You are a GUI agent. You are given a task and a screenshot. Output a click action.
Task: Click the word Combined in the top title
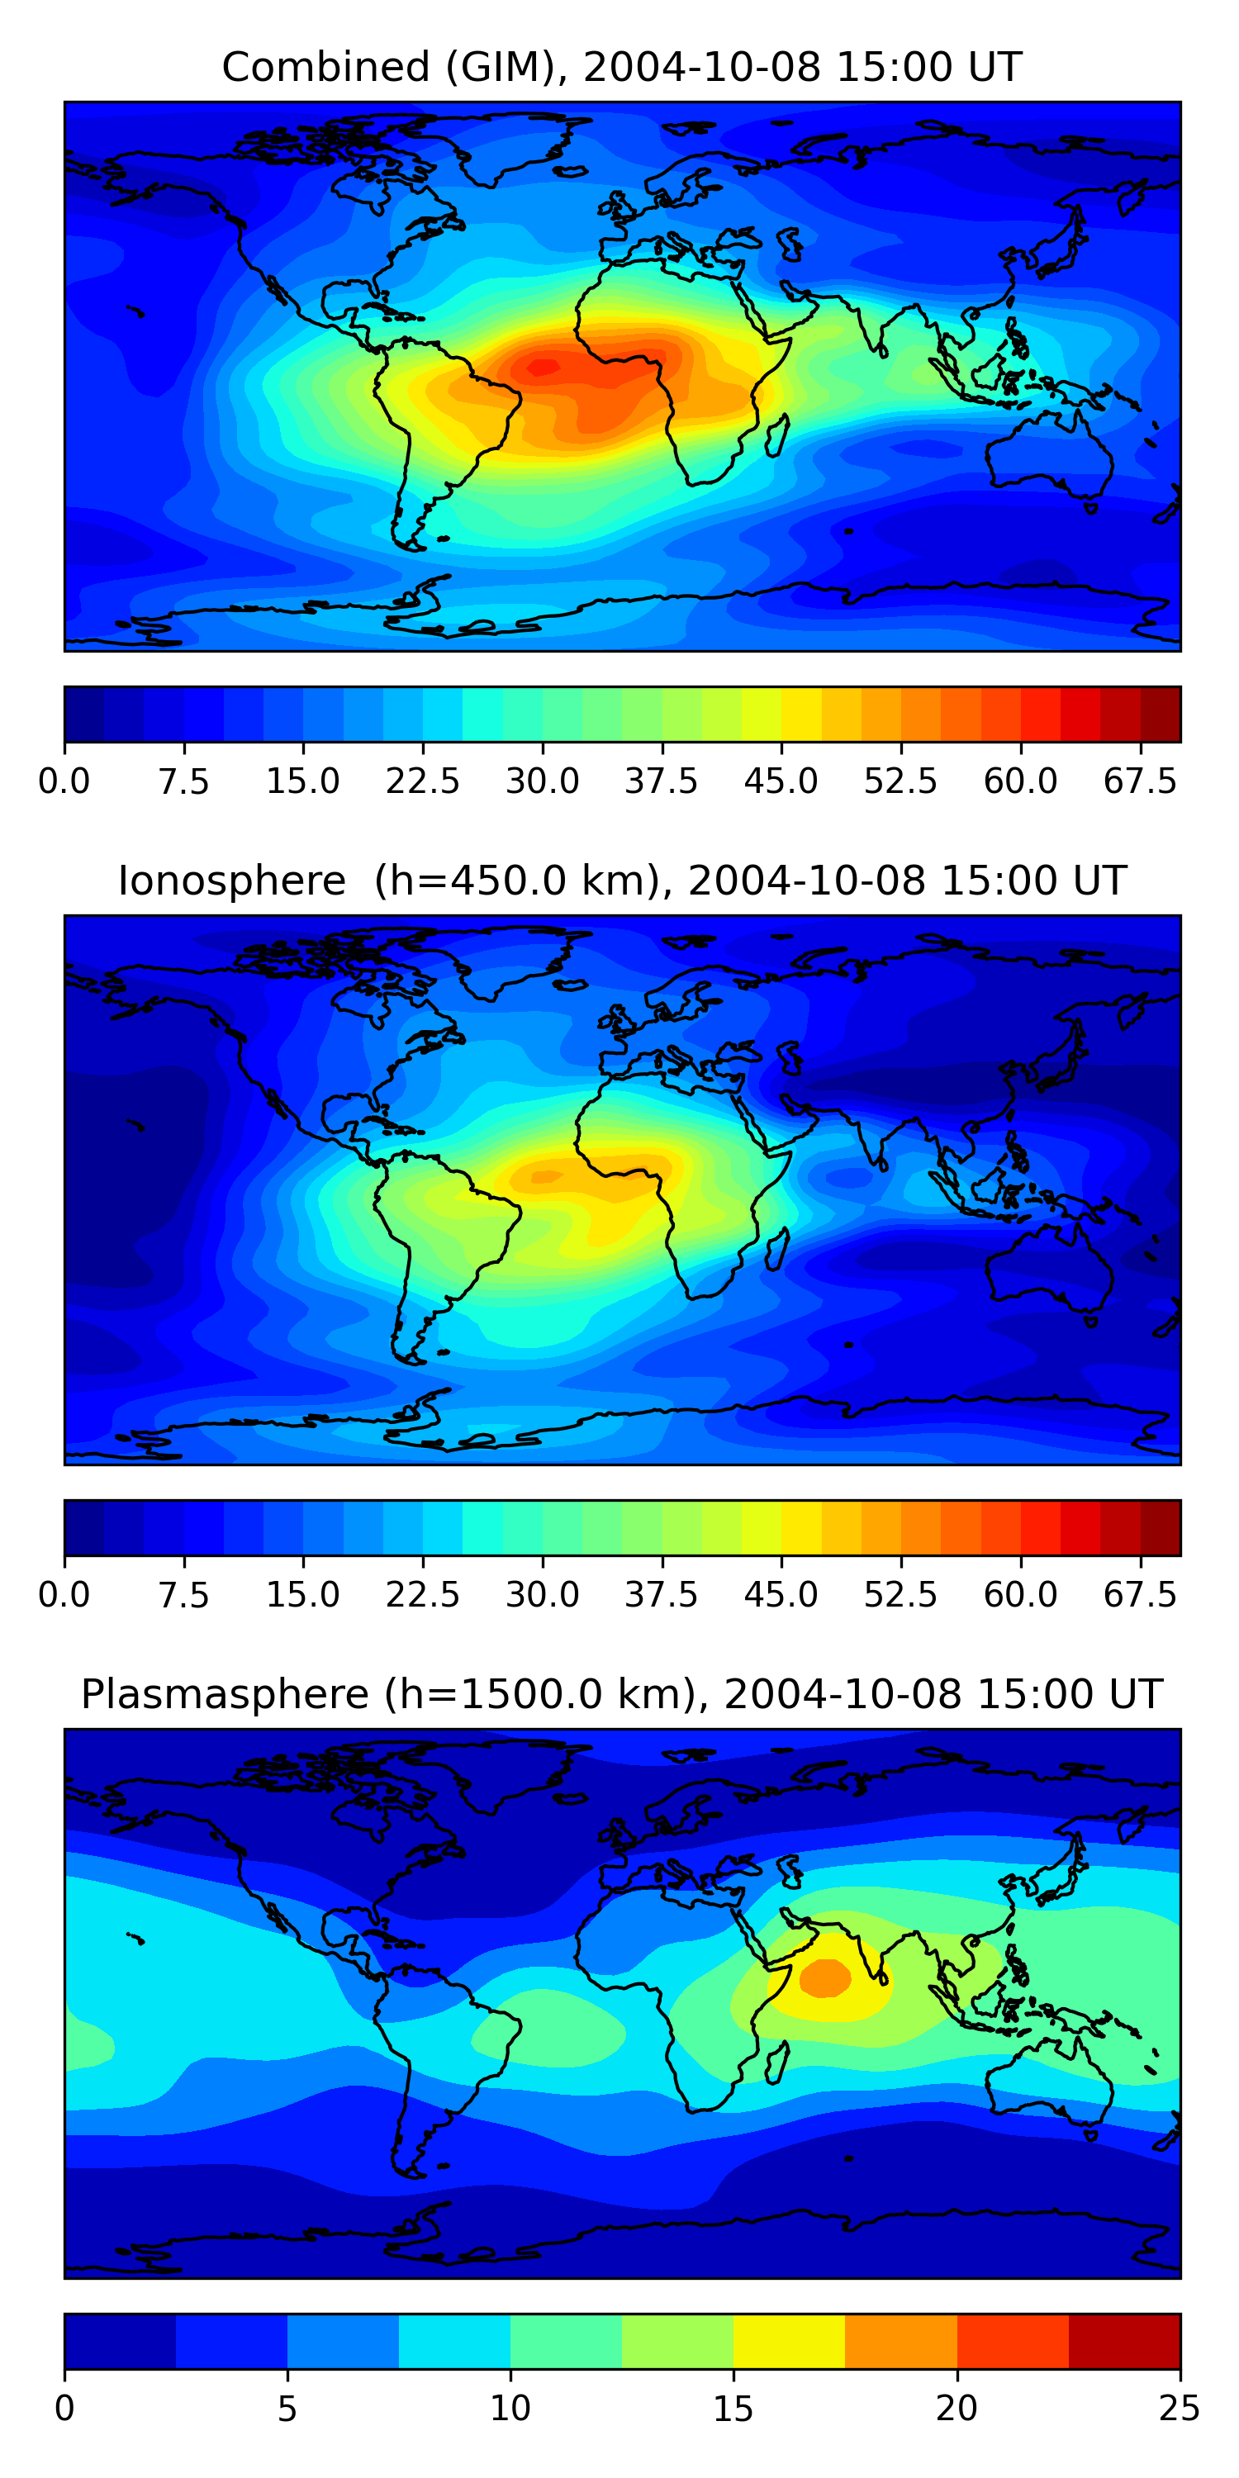click(x=325, y=68)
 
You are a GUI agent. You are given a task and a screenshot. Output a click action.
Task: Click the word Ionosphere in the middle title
click(x=231, y=881)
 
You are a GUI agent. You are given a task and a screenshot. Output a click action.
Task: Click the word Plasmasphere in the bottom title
click(x=224, y=1694)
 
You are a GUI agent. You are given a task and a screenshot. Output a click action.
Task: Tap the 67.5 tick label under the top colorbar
click(x=1140, y=781)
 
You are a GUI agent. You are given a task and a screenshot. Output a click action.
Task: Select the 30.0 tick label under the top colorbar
click(x=543, y=781)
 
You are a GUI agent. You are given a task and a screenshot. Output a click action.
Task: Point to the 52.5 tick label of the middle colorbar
click(x=900, y=1595)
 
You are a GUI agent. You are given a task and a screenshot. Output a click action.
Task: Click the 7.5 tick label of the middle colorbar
click(x=183, y=1595)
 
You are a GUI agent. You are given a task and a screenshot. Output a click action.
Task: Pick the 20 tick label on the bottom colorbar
click(x=957, y=2408)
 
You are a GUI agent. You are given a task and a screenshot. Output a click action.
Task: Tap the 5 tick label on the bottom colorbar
click(x=287, y=2408)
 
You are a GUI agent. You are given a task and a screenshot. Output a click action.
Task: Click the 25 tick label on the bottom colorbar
click(x=1180, y=2408)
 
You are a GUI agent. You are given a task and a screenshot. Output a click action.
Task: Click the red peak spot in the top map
click(x=543, y=367)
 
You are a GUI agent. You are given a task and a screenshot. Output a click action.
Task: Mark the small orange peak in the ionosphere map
click(x=546, y=1176)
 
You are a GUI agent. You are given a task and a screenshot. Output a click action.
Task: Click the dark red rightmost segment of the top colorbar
click(x=1161, y=714)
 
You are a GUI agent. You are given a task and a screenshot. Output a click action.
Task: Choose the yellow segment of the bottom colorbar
click(x=789, y=2340)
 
